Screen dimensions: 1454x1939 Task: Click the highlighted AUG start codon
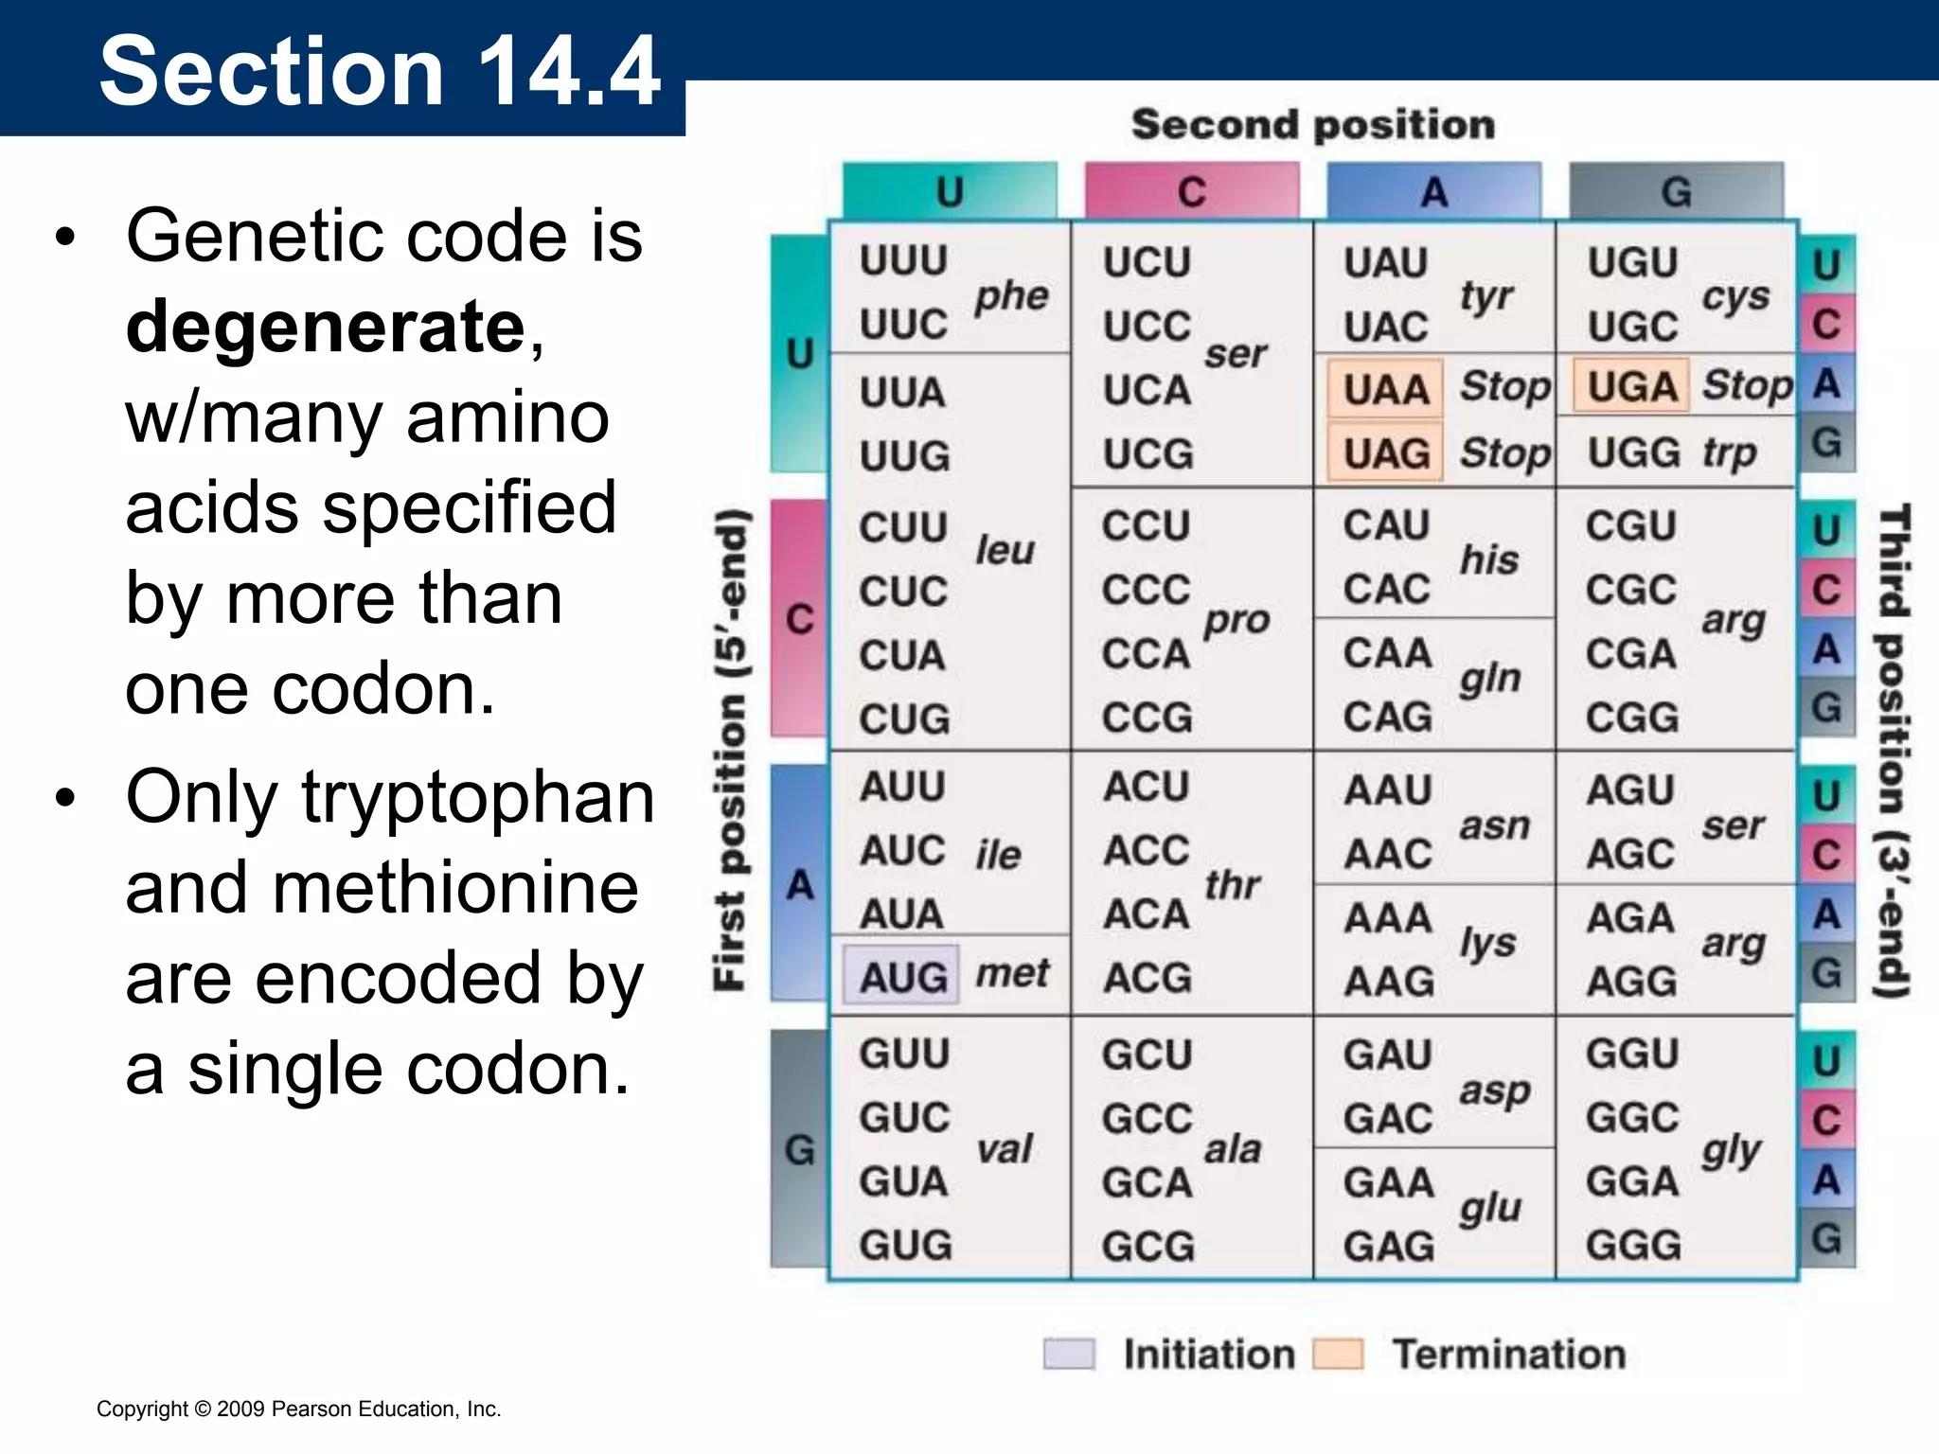point(902,975)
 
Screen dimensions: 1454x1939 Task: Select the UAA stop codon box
point(1385,389)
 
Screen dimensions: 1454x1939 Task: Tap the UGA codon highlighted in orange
point(1631,386)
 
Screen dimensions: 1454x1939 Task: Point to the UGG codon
point(1633,452)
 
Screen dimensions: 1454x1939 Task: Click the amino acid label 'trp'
point(1729,452)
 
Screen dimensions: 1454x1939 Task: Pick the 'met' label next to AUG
point(1012,973)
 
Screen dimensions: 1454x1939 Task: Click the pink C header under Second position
point(1192,192)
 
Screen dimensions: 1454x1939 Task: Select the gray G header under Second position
point(1676,192)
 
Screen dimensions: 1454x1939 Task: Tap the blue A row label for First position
point(800,885)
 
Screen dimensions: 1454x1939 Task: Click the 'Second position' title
point(1313,125)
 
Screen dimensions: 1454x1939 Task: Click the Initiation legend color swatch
point(1069,1354)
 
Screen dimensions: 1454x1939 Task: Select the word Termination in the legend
point(1508,1354)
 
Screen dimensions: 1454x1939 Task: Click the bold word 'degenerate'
point(326,327)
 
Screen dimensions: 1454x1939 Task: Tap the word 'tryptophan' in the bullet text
point(478,797)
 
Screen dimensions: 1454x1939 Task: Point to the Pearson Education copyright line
point(299,1409)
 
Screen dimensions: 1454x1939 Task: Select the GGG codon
point(1633,1245)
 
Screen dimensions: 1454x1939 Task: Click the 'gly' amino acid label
point(1731,1150)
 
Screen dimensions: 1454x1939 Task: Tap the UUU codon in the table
point(903,260)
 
